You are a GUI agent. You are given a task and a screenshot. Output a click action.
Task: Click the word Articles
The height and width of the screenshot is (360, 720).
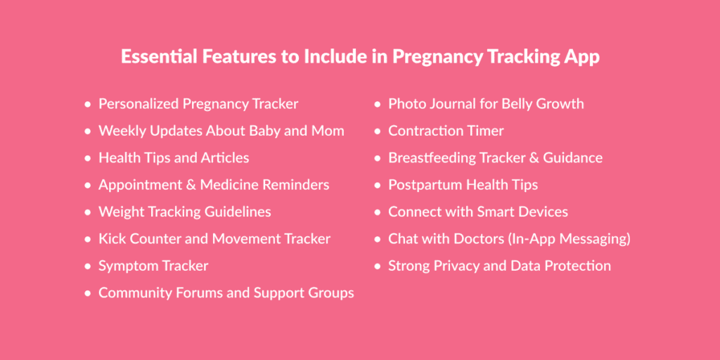click(x=225, y=158)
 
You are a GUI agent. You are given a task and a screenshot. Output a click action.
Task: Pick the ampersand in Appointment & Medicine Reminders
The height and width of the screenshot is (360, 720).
click(x=191, y=185)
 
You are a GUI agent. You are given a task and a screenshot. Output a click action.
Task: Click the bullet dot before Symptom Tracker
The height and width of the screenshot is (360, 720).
click(x=88, y=266)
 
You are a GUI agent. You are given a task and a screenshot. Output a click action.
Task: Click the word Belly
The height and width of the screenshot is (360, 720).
click(x=517, y=104)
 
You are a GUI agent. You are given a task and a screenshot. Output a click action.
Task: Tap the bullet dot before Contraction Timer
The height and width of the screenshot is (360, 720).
click(x=378, y=131)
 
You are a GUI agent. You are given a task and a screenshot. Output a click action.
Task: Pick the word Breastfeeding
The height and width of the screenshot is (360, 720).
click(x=432, y=158)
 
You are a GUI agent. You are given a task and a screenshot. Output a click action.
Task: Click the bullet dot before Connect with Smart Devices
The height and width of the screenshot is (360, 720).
click(x=378, y=212)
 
